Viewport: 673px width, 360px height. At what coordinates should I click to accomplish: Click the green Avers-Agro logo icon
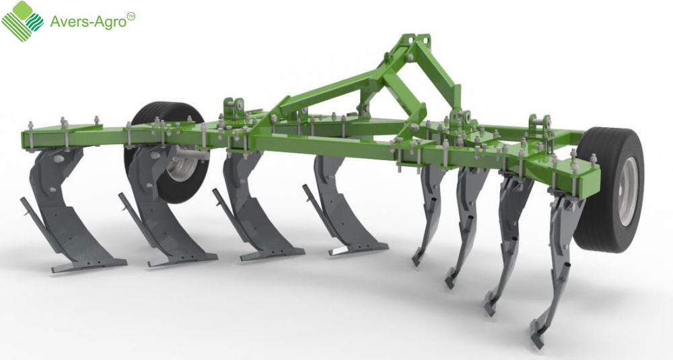pos(23,21)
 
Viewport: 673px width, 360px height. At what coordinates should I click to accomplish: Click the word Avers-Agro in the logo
pos(88,22)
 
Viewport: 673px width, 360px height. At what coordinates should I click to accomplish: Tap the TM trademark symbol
pos(131,16)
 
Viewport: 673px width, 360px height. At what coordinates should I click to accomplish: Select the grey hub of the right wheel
pos(629,191)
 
